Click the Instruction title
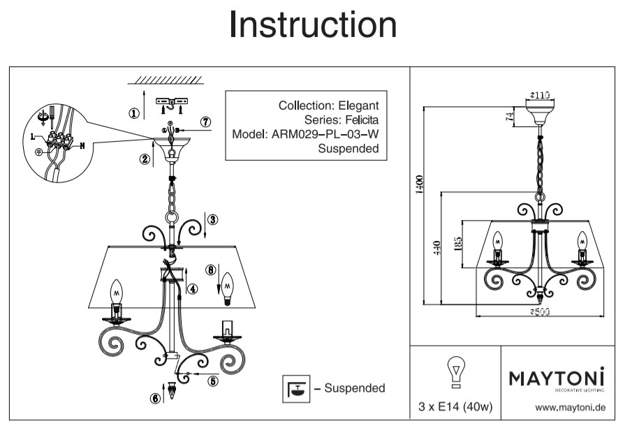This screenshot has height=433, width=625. [312, 25]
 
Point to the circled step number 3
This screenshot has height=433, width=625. [213, 219]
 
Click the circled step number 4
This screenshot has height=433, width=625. [193, 287]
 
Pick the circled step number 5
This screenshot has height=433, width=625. [214, 381]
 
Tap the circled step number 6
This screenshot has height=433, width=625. [154, 399]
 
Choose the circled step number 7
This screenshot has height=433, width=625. [205, 122]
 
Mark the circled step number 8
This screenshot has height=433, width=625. [211, 269]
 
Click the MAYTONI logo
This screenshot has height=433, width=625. [557, 378]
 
